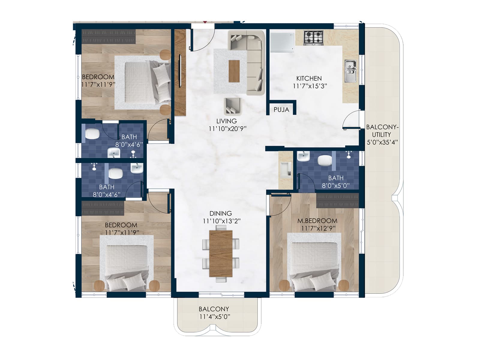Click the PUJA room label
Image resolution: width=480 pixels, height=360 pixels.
pyautogui.click(x=281, y=110)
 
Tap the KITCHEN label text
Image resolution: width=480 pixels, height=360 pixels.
pyautogui.click(x=309, y=79)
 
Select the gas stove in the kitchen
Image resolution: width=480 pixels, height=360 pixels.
pyautogui.click(x=313, y=37)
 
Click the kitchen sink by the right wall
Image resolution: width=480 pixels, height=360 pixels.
pyautogui.click(x=350, y=71)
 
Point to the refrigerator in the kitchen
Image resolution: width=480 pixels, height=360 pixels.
pyautogui.click(x=282, y=42)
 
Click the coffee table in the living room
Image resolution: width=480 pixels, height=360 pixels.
pyautogui.click(x=234, y=71)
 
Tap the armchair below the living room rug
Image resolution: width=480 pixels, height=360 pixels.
pyautogui.click(x=232, y=106)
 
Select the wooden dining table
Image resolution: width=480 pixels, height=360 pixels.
pyautogui.click(x=221, y=253)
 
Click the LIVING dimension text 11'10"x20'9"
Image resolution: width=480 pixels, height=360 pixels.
pyautogui.click(x=227, y=129)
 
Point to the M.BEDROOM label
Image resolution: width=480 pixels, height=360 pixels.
pyautogui.click(x=317, y=221)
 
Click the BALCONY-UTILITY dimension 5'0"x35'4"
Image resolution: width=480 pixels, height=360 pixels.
pyautogui.click(x=382, y=142)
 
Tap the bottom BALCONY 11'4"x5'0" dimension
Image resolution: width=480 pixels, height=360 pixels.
pyautogui.click(x=214, y=317)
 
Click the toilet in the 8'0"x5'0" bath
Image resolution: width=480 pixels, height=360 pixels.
pyautogui.click(x=324, y=160)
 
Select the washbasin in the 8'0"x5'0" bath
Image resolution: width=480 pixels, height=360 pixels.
pyautogui.click(x=303, y=156)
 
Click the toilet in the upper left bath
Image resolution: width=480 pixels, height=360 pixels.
pyautogui.click(x=92, y=134)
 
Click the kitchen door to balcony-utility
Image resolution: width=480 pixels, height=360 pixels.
pyautogui.click(x=352, y=120)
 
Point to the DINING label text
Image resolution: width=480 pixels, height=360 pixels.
pyautogui.click(x=220, y=214)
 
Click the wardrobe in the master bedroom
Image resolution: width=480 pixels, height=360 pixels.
pyautogui.click(x=337, y=200)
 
